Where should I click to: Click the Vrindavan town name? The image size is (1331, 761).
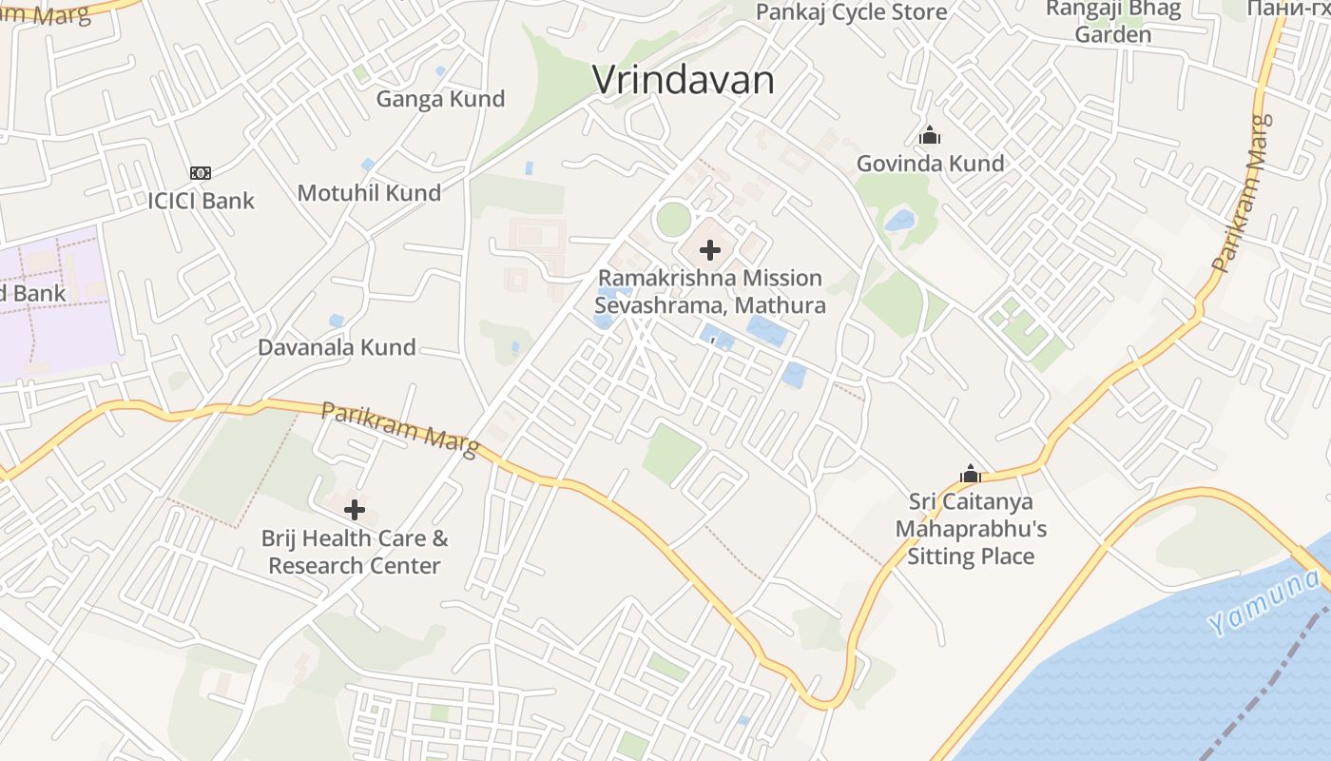[x=683, y=80]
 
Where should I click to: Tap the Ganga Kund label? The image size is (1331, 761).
[x=440, y=99]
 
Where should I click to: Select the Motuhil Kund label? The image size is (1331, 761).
[x=369, y=193]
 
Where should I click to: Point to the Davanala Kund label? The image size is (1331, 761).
[x=337, y=347]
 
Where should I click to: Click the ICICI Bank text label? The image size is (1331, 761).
[x=201, y=201]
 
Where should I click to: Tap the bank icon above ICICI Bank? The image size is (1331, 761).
[x=200, y=173]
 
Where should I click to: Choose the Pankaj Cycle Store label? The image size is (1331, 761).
[x=851, y=12]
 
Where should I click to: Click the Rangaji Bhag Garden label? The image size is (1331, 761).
[x=1112, y=22]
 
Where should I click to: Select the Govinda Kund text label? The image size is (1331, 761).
[x=930, y=164]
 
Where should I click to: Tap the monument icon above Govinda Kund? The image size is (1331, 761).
[x=930, y=136]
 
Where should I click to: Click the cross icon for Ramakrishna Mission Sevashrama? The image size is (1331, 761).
[x=709, y=251]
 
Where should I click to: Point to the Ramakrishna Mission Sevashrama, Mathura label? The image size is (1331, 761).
[x=709, y=292]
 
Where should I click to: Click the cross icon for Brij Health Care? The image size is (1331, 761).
[x=355, y=510]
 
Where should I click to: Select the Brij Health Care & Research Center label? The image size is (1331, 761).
[x=355, y=552]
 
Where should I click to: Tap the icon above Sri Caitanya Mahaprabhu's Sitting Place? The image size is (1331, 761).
[x=970, y=474]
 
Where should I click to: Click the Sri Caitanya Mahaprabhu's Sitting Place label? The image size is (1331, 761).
[x=970, y=529]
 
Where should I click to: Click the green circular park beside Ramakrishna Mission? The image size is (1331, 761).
[x=673, y=220]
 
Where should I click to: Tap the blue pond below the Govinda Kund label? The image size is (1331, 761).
[x=899, y=222]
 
